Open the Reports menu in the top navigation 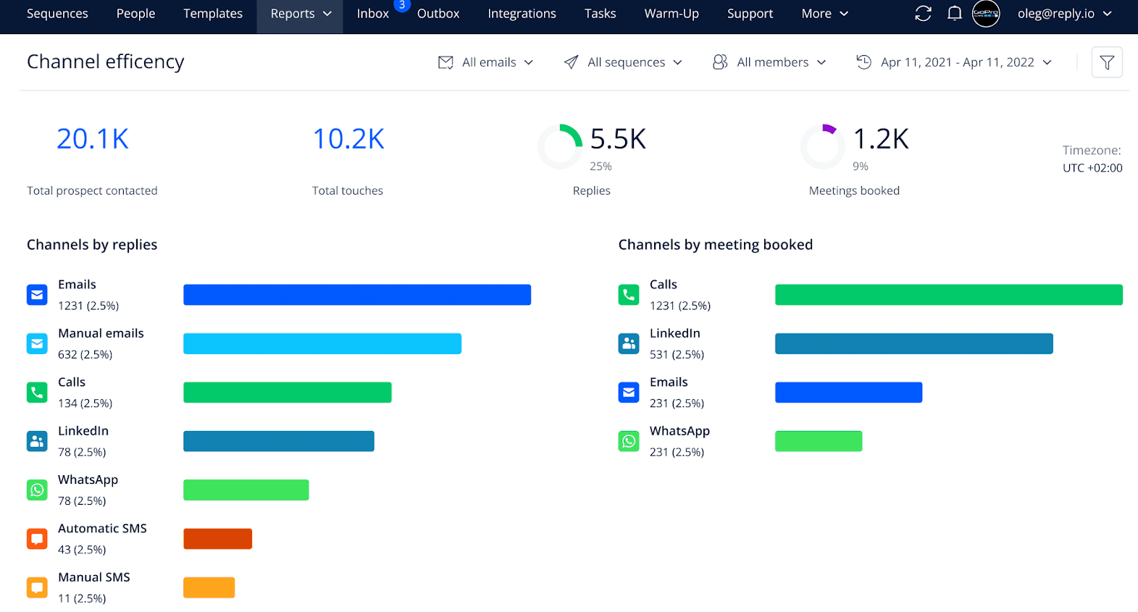(x=300, y=14)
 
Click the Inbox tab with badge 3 (x=373, y=14)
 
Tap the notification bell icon (x=955, y=14)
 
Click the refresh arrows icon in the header (x=923, y=14)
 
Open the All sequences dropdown (x=624, y=62)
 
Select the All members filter (x=769, y=62)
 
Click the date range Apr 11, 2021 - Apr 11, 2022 (x=955, y=62)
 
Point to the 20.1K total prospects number (x=93, y=139)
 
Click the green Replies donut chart (x=560, y=146)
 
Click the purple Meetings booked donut (x=823, y=146)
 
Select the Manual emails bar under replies (x=322, y=343)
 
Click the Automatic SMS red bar (x=217, y=539)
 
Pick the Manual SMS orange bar (x=209, y=587)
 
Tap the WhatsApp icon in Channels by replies (x=37, y=490)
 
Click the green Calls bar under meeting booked (x=948, y=295)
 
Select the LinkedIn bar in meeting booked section (x=913, y=343)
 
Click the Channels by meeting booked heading (x=715, y=245)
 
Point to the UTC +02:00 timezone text (x=1092, y=168)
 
